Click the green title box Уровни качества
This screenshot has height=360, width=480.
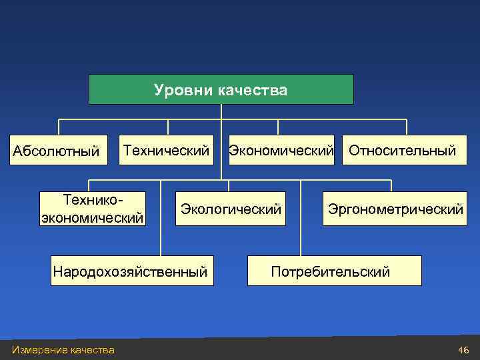(x=221, y=89)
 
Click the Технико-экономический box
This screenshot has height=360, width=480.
(x=93, y=209)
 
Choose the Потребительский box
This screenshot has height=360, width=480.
(x=333, y=271)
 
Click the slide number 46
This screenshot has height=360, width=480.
(x=463, y=350)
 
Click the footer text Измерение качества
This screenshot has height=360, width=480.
(x=63, y=350)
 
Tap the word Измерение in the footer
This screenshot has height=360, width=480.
(x=39, y=350)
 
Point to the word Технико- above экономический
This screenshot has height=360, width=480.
(x=93, y=200)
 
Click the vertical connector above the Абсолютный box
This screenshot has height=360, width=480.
(x=59, y=127)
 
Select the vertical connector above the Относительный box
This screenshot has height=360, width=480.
(x=406, y=127)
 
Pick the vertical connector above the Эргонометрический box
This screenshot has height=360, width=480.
(x=391, y=186)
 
